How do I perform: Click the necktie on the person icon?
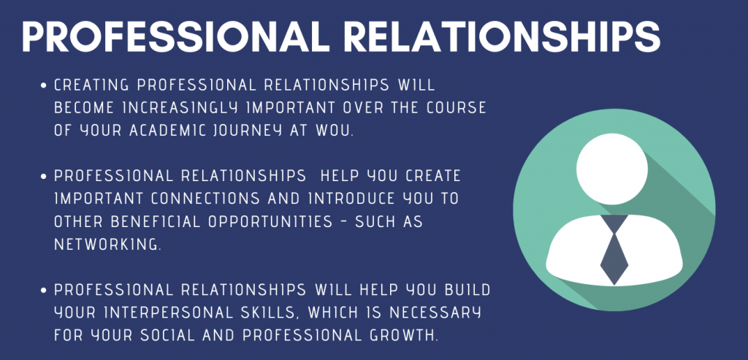tap(614, 248)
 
